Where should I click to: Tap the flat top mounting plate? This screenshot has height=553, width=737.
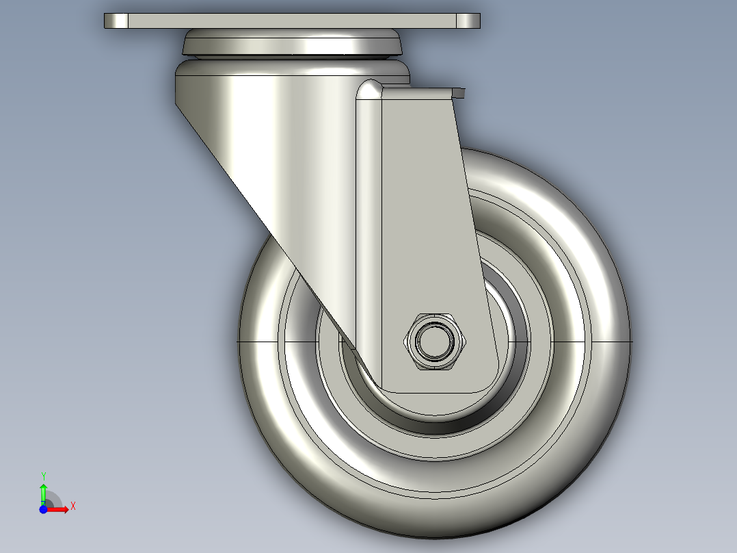pyautogui.click(x=292, y=21)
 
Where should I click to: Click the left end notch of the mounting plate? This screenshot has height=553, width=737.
pyautogui.click(x=116, y=21)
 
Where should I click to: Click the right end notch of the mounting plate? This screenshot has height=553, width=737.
pyautogui.click(x=468, y=21)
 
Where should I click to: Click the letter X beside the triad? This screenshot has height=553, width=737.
pyautogui.click(x=73, y=506)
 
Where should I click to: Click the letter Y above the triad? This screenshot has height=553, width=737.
pyautogui.click(x=43, y=476)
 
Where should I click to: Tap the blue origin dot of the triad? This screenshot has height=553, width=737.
pyautogui.click(x=43, y=509)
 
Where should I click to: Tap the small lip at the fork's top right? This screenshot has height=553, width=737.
pyautogui.click(x=458, y=91)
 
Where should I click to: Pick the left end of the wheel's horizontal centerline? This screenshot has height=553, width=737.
pyautogui.click(x=238, y=341)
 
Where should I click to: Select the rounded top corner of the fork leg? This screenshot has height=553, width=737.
pyautogui.click(x=369, y=89)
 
